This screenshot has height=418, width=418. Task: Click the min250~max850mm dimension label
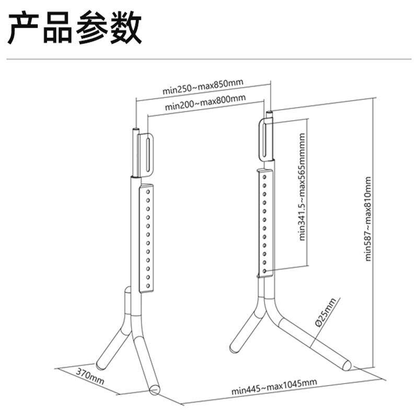tap(203, 87)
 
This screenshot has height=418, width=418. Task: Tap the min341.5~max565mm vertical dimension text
tap(302, 185)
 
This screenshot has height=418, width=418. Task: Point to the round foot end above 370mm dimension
tap(155, 389)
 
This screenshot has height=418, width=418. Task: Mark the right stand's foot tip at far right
tap(345, 364)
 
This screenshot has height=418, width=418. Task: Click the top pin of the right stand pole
tap(270, 113)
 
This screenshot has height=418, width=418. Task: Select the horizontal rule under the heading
tap(209, 59)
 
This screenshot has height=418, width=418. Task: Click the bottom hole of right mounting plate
tap(266, 271)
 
